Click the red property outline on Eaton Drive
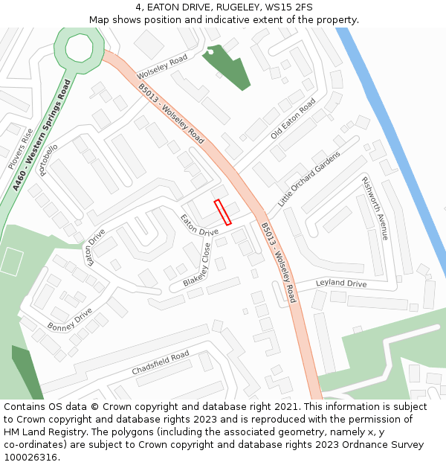coord(223,212)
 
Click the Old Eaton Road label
coord(293,118)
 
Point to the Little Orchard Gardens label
coord(308,179)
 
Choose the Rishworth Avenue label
coord(375,208)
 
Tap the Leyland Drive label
coord(341,283)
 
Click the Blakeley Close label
coord(197,266)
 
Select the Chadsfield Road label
coord(161,364)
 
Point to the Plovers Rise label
coord(20,148)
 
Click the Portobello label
coord(48,160)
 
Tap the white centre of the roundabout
coord(77,48)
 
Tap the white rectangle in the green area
coord(11,261)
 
